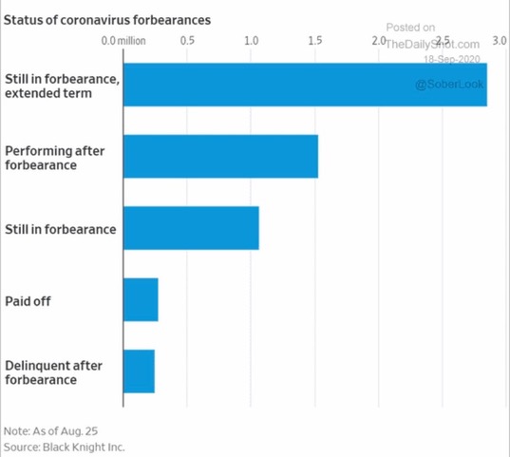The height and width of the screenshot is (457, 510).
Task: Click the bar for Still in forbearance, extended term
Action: [305, 85]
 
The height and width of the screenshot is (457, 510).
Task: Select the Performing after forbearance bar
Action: [220, 156]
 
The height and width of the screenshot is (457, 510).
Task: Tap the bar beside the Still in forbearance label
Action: [191, 228]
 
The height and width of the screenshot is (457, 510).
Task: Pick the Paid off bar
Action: [141, 299]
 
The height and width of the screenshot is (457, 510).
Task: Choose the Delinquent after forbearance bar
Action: [139, 371]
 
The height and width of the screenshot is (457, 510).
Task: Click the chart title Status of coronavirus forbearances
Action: [107, 20]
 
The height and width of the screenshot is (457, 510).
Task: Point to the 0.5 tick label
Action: [187, 41]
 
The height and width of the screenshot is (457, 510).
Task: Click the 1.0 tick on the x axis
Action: [251, 41]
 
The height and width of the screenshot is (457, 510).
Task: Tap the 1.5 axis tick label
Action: [315, 41]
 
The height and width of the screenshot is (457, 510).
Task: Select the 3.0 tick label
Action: [500, 41]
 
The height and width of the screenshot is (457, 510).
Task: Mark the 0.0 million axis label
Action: [123, 41]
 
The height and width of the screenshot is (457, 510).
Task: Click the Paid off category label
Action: [28, 301]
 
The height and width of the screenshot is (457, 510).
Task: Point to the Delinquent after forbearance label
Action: [54, 372]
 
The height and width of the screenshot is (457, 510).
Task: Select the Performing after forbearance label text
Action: [55, 158]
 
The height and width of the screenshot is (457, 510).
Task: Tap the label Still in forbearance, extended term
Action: [62, 86]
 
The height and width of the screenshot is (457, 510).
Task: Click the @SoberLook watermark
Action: [449, 85]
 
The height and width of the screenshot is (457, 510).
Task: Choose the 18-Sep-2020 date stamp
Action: [452, 59]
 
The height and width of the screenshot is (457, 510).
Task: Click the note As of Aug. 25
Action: [50, 431]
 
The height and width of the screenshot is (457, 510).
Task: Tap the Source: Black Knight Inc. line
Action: [64, 447]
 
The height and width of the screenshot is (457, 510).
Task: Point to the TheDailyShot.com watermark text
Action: [432, 45]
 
